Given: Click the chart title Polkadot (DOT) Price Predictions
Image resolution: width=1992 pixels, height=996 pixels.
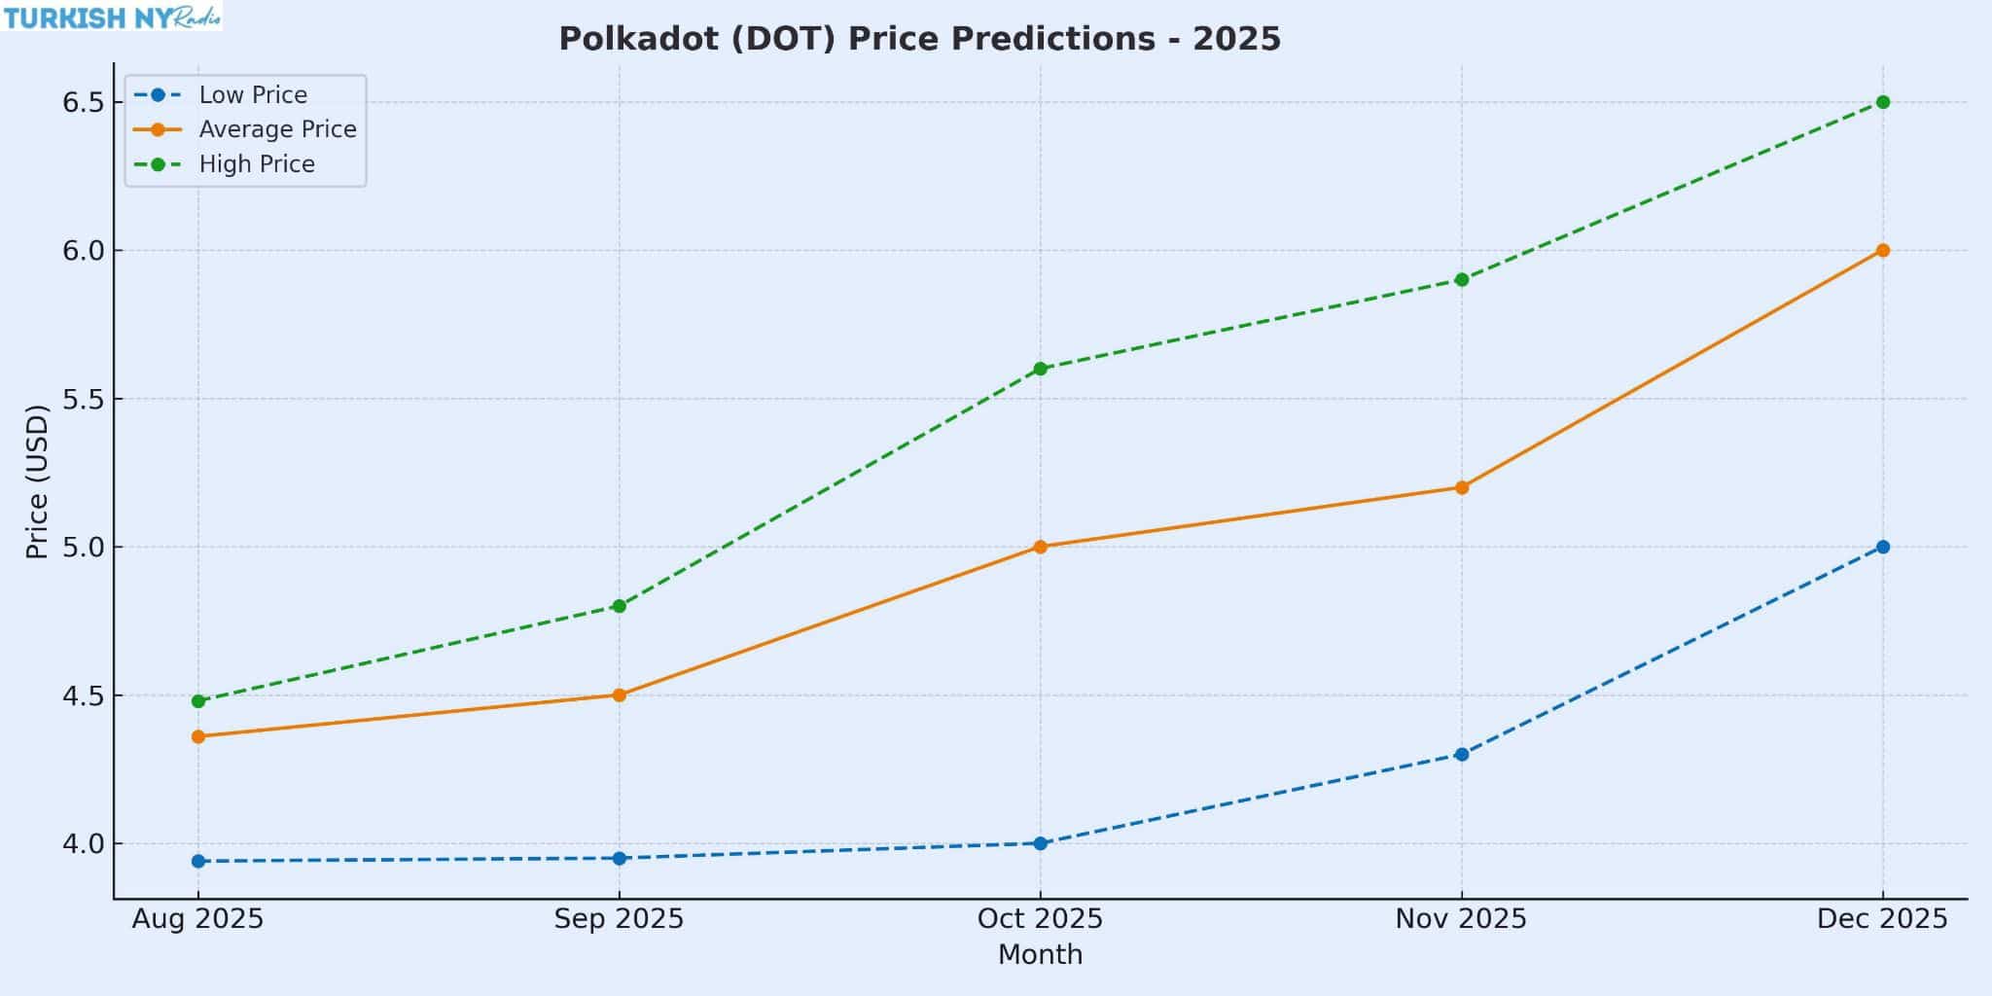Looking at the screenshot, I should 919,39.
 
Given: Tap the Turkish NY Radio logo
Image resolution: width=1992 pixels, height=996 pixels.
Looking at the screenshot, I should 112,17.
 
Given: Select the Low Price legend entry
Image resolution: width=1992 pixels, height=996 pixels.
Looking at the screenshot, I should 252,95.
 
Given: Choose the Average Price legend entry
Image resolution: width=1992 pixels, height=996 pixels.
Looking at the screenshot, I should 277,129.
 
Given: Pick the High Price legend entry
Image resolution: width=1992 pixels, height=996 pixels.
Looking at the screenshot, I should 257,164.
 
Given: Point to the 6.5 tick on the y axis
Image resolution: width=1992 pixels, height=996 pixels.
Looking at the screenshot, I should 83,102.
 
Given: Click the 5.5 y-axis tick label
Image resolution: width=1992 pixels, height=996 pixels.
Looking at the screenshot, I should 83,399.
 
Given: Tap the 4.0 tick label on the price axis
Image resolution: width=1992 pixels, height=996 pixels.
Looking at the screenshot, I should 83,843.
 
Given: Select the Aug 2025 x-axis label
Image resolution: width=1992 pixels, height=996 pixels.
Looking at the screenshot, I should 197,919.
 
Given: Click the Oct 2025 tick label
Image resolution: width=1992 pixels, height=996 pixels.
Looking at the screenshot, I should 1040,919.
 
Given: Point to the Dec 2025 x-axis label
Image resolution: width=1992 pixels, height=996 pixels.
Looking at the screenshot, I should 1882,919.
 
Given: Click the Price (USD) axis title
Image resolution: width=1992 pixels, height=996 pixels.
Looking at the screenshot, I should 37,481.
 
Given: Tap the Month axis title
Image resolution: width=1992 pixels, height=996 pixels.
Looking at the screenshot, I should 1040,955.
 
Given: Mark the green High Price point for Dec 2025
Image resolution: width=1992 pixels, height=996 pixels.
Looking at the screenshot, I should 1883,102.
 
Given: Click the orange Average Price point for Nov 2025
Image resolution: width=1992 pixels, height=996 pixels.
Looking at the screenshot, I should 1462,487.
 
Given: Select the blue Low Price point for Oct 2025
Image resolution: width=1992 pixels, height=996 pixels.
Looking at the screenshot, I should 1041,843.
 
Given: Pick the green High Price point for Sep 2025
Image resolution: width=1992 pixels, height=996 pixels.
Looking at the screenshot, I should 620,606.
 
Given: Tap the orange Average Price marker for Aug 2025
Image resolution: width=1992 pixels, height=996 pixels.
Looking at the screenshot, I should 198,736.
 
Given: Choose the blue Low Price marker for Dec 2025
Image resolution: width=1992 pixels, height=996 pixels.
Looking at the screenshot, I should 1883,547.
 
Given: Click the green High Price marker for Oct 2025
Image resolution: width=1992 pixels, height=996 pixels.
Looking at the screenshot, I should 1041,369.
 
